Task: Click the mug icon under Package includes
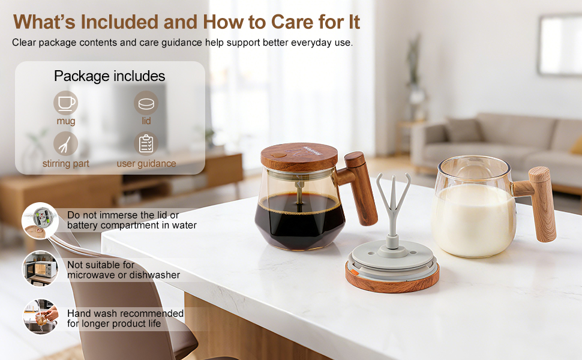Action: [x=65, y=103]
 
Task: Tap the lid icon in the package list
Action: [x=146, y=103]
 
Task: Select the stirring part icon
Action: [x=65, y=144]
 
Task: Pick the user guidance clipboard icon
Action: [x=146, y=144]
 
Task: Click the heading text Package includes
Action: [x=109, y=76]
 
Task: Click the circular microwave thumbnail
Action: [x=40, y=268]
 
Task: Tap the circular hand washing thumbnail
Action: [x=40, y=317]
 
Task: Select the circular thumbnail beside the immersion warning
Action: [x=40, y=220]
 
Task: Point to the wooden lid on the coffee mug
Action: [x=295, y=156]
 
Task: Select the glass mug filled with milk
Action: [x=474, y=210]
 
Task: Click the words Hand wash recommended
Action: [x=125, y=313]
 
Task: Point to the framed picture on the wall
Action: [x=559, y=45]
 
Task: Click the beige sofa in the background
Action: [x=498, y=144]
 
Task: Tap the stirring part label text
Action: [x=65, y=163]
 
